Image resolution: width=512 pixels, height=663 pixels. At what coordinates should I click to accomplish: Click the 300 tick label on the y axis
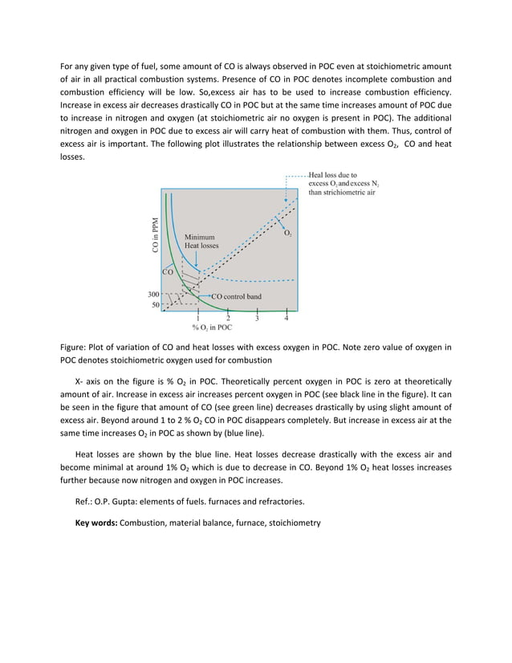152,295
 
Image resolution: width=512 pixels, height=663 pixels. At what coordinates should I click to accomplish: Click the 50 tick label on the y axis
154,305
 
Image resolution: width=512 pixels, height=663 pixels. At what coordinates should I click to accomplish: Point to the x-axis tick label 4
286,319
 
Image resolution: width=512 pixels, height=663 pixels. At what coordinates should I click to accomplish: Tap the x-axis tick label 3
256,319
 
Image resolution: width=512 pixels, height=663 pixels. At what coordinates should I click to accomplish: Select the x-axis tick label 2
227,319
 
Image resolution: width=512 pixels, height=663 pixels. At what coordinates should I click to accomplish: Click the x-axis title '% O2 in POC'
212,327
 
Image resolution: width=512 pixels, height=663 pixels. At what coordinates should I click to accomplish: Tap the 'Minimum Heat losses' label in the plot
201,241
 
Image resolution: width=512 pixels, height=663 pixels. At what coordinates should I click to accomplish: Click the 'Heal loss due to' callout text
333,174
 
